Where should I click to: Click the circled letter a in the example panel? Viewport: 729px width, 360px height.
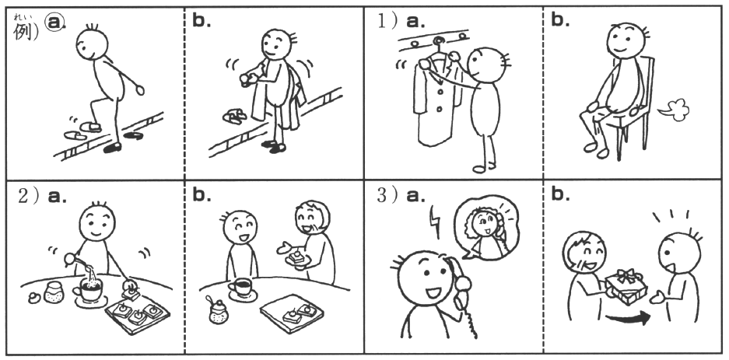[x=54, y=23]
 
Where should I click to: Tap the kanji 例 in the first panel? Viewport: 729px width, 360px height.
[x=23, y=31]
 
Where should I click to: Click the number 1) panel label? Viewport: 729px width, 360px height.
[x=387, y=22]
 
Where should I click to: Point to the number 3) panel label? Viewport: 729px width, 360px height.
[x=387, y=196]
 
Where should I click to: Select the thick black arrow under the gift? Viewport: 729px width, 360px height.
[x=628, y=319]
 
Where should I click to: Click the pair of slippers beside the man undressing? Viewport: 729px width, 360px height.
[x=235, y=116]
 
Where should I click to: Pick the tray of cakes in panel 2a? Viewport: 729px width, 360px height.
[x=138, y=313]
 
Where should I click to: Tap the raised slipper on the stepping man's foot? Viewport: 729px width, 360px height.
[x=91, y=126]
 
